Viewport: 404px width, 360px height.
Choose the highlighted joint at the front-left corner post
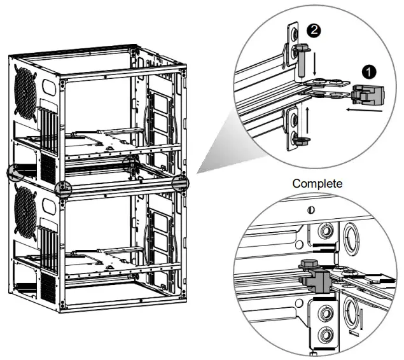(x=63, y=189)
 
